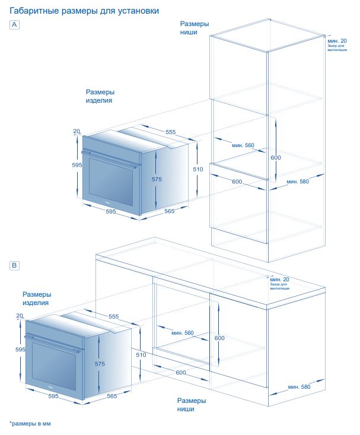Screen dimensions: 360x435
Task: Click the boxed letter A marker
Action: coord(14,24)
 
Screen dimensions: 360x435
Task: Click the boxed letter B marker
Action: coord(14,265)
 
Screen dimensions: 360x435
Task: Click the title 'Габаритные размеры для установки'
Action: coord(84,11)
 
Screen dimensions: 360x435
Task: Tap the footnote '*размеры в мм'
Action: coord(30,424)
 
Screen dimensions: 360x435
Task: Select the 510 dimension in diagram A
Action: coord(198,169)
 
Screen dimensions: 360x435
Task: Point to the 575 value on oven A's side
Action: coord(157,179)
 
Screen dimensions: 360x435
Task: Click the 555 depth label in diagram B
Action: coord(113,316)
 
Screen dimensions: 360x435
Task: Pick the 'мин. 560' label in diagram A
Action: coord(243,145)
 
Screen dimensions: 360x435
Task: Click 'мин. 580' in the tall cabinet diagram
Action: coord(298,182)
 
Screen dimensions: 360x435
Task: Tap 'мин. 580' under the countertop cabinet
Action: coord(299,387)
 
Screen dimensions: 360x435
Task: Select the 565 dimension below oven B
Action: coord(112,396)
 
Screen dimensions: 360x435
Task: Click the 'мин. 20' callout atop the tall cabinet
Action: coord(337,41)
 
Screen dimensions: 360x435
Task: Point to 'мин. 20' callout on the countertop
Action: coord(279,280)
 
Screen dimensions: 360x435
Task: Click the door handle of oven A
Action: coord(109,160)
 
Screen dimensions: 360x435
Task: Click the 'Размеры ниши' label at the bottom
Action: coord(192,405)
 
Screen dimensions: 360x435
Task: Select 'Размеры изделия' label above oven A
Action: coord(100,96)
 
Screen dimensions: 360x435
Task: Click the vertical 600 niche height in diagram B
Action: coord(219,338)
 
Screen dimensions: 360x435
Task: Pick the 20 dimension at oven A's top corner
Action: coord(77,131)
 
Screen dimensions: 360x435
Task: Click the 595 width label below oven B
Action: coord(53,396)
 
